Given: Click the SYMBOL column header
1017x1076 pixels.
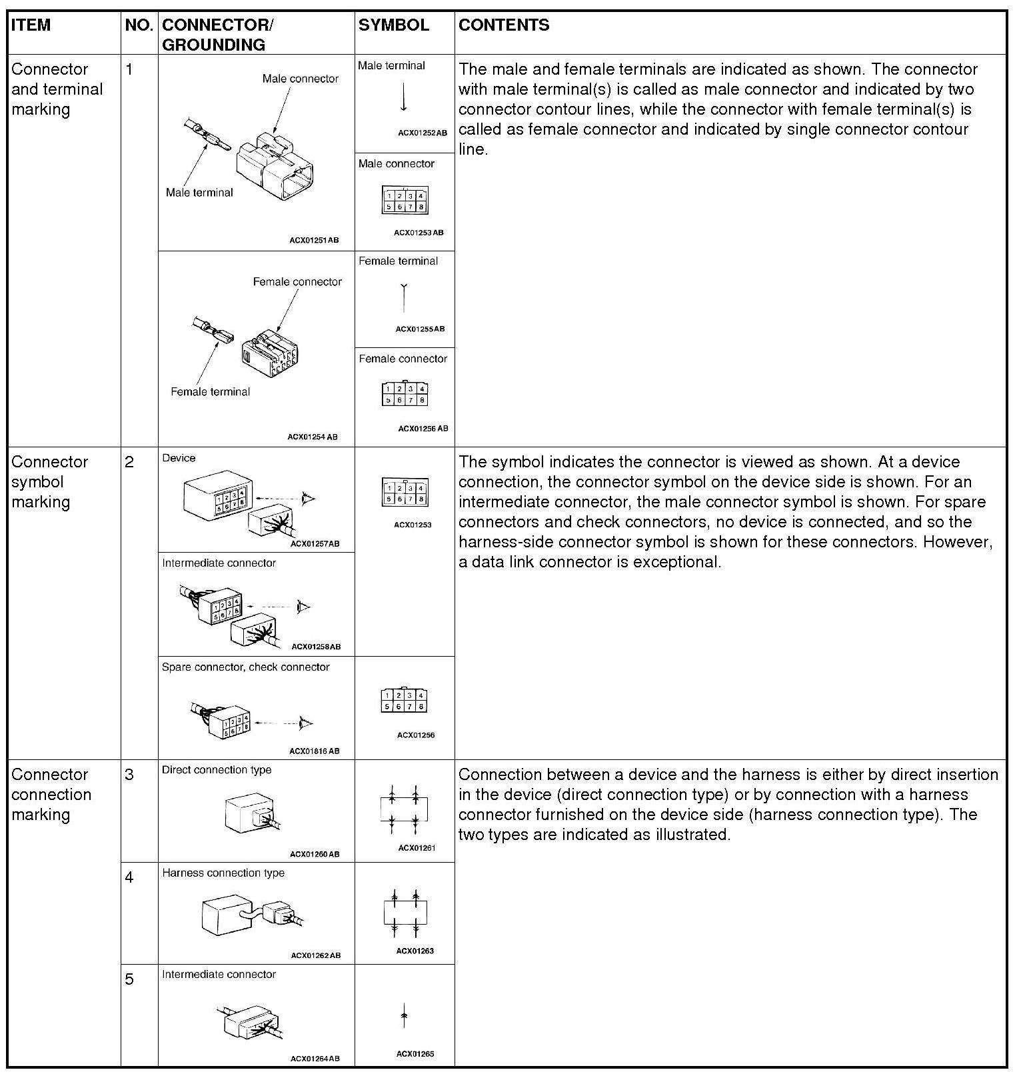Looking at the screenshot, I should [x=393, y=25].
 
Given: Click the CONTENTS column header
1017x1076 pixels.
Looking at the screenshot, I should [x=504, y=25].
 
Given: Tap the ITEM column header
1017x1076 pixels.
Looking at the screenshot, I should [x=31, y=25].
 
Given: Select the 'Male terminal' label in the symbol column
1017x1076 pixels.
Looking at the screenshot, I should [x=391, y=65].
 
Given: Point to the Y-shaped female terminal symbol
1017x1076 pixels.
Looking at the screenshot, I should [x=404, y=297].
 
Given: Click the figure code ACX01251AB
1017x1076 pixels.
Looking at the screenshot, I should [x=313, y=240].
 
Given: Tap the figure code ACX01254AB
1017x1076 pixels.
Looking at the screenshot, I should [x=313, y=437].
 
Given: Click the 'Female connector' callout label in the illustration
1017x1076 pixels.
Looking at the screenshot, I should [x=297, y=282].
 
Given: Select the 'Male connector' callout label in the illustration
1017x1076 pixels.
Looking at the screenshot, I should [x=300, y=79].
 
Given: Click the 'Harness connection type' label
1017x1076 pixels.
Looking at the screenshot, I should [x=223, y=873].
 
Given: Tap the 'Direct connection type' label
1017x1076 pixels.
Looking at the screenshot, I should [x=217, y=769].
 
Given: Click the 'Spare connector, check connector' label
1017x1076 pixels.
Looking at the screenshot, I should [x=245, y=667].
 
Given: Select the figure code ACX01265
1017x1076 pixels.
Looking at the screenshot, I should [x=415, y=1054].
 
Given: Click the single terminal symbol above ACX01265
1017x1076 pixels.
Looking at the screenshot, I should [x=404, y=1016].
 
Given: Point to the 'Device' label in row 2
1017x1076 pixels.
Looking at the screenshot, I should [x=179, y=458].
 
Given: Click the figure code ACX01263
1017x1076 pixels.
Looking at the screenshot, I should [x=415, y=951].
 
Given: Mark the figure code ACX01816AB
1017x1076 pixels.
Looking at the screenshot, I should [x=314, y=751].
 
